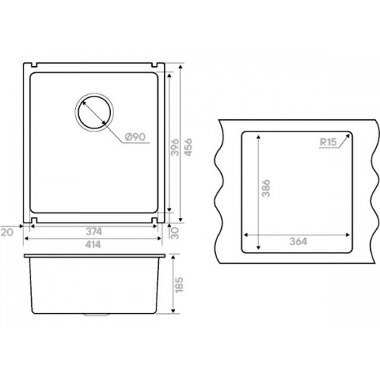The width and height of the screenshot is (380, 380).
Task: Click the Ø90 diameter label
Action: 135,137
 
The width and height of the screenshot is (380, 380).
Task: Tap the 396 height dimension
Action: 175,147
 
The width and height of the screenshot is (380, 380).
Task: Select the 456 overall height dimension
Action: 188,147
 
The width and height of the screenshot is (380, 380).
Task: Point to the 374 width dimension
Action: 94,232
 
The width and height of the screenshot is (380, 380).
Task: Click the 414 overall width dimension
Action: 93,245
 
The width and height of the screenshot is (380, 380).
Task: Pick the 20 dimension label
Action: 7,232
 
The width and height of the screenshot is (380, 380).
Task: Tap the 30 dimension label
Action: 175,233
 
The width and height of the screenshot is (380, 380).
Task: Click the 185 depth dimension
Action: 179,285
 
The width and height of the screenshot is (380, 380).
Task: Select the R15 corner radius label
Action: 328,142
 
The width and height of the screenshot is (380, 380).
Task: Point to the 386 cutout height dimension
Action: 266,188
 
